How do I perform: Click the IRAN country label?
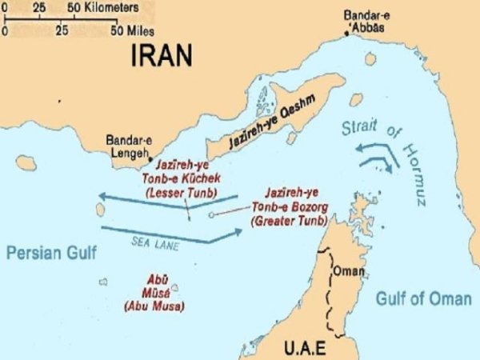coord(162,54)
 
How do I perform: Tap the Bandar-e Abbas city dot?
coord(346,33)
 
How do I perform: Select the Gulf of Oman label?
coord(423,299)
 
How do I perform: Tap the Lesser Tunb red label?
coord(182,181)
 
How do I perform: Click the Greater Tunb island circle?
coord(210,214)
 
